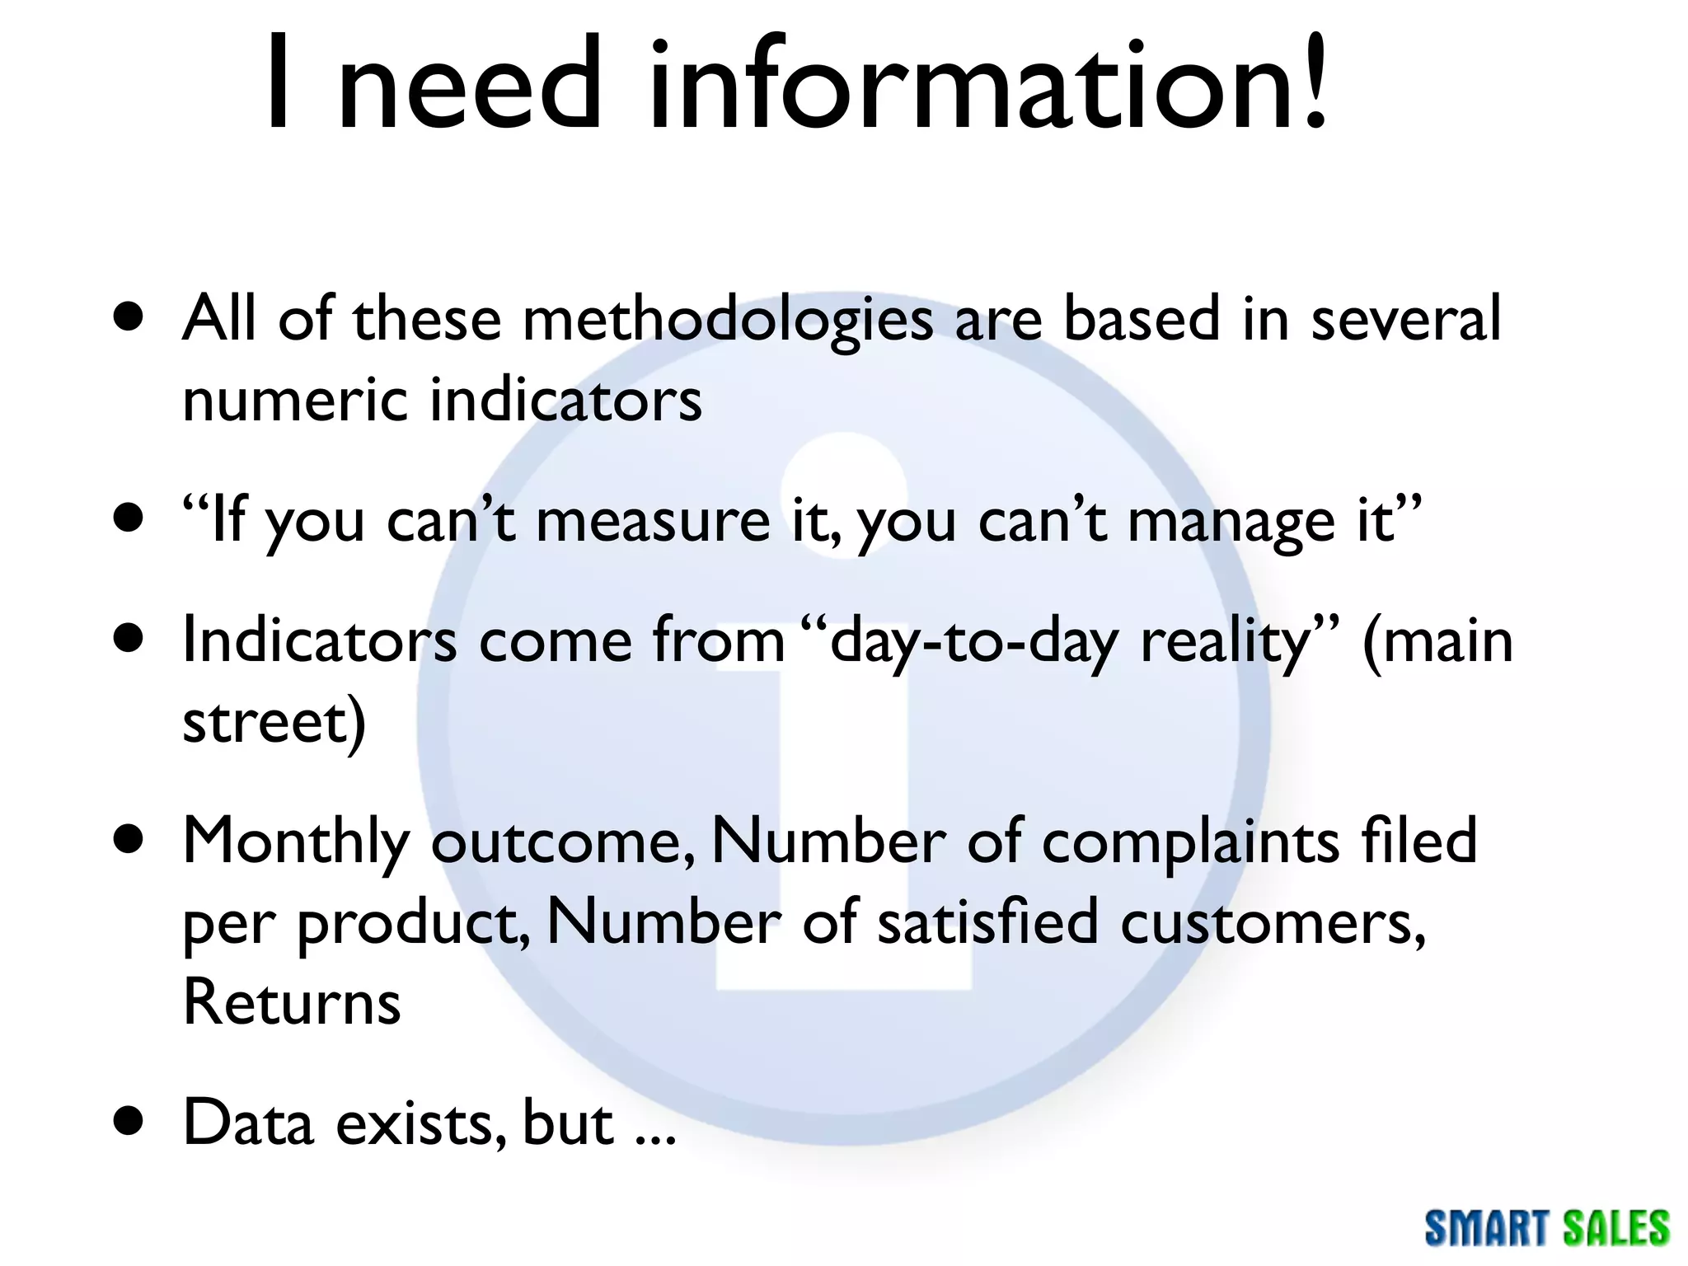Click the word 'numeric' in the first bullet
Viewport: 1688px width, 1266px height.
[x=295, y=400]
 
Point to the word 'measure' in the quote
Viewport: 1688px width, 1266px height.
[x=653, y=522]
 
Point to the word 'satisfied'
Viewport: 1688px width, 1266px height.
[x=987, y=922]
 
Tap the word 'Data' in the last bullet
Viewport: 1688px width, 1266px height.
[x=248, y=1123]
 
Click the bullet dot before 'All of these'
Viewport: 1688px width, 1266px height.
[x=129, y=317]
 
